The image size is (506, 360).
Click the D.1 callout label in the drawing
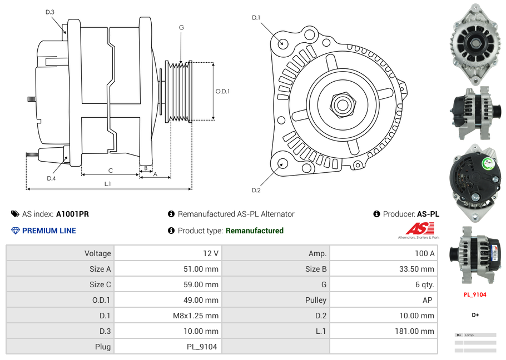[x=256, y=18]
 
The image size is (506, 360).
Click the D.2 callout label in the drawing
[x=256, y=190]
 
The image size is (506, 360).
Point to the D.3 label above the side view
[x=49, y=12]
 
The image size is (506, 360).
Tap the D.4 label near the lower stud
[x=51, y=178]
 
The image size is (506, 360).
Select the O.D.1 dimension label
[x=222, y=91]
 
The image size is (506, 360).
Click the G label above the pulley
[x=181, y=27]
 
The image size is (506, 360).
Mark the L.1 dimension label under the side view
[x=108, y=183]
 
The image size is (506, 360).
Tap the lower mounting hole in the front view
[x=282, y=163]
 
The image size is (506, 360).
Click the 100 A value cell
[x=424, y=253]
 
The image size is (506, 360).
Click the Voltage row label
[x=97, y=253]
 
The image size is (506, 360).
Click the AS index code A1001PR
[x=72, y=214]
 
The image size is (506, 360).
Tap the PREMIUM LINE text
[x=49, y=231]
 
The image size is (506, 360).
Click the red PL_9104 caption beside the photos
[x=475, y=294]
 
